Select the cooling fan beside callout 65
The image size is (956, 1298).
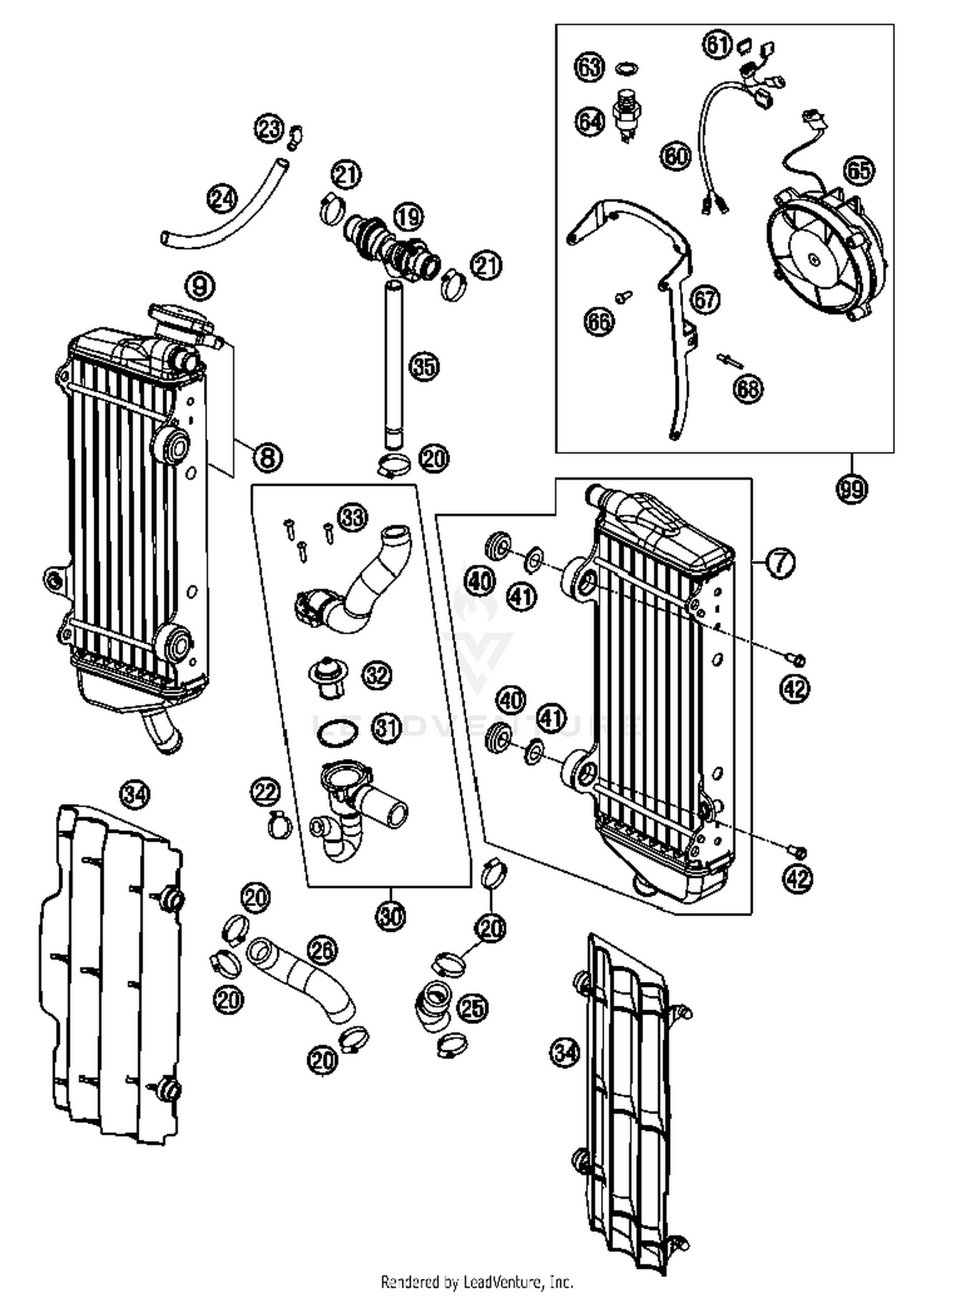point(826,252)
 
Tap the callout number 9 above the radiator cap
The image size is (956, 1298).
point(200,287)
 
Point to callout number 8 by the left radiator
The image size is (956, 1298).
point(267,456)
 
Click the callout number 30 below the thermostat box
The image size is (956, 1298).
point(391,916)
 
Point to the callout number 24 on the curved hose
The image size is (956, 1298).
point(222,199)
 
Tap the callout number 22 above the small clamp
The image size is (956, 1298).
point(264,792)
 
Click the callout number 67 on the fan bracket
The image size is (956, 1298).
point(704,299)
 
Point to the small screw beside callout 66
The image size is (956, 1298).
point(624,296)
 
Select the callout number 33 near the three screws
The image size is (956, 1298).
point(352,517)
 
